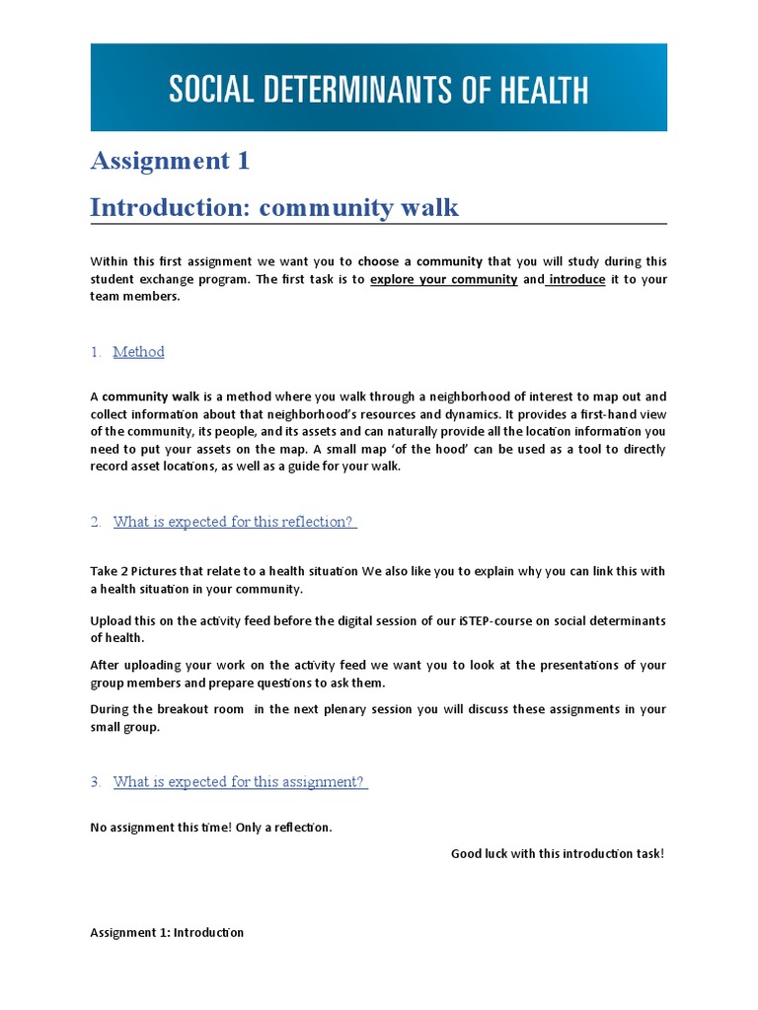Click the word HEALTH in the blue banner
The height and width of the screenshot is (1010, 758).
537,90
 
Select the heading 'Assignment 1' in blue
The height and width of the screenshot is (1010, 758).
170,161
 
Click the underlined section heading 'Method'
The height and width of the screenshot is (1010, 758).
138,352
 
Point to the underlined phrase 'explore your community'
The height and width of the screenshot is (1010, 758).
443,279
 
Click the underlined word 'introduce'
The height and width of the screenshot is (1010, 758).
576,279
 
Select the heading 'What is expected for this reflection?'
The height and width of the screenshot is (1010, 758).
234,522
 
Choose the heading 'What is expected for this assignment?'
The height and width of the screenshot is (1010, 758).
240,782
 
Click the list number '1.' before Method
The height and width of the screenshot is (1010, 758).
96,352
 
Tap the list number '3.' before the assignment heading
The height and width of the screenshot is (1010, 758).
96,782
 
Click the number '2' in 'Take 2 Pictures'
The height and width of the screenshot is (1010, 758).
123,571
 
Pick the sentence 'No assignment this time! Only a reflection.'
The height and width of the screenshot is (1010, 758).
211,828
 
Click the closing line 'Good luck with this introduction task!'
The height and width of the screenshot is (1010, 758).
558,853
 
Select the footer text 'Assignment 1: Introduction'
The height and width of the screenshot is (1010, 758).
167,932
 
